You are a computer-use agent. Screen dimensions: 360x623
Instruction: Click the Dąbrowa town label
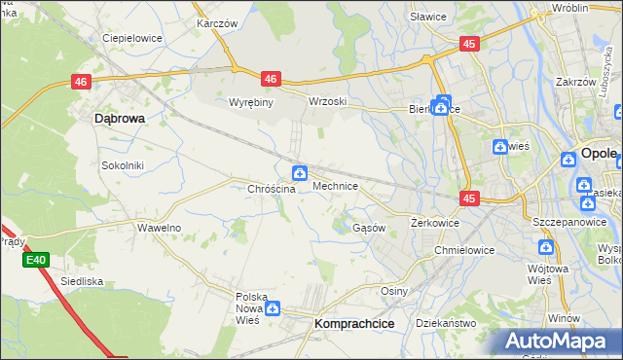click(119, 118)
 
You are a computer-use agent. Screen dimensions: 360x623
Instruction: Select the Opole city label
click(598, 154)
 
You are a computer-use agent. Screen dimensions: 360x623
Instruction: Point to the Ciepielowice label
click(131, 39)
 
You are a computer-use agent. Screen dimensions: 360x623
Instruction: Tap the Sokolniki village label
click(123, 165)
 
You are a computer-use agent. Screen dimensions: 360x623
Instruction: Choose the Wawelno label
click(159, 228)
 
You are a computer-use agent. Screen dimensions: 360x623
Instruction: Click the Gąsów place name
click(369, 228)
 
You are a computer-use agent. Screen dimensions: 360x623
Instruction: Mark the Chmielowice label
click(464, 250)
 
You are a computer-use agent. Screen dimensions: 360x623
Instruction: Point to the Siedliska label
click(82, 281)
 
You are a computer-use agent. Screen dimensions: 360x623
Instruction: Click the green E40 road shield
click(37, 260)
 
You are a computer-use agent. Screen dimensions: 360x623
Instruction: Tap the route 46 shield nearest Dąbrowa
click(81, 85)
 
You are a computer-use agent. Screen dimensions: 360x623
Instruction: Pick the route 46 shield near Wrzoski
click(271, 79)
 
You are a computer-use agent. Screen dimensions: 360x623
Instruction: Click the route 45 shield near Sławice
click(469, 44)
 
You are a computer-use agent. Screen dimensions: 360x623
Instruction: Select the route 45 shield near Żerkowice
click(469, 198)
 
